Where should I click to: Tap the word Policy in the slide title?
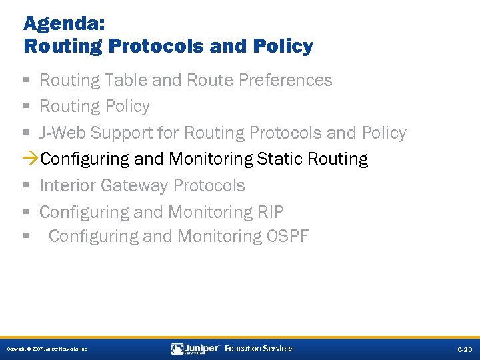[x=283, y=47]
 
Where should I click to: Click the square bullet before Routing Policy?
[x=26, y=107]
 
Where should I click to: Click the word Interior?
[x=67, y=186]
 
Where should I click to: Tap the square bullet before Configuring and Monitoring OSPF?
[x=26, y=237]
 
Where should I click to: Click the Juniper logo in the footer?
[x=195, y=349]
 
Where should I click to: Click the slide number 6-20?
[x=464, y=349]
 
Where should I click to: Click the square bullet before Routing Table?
[x=26, y=81]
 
